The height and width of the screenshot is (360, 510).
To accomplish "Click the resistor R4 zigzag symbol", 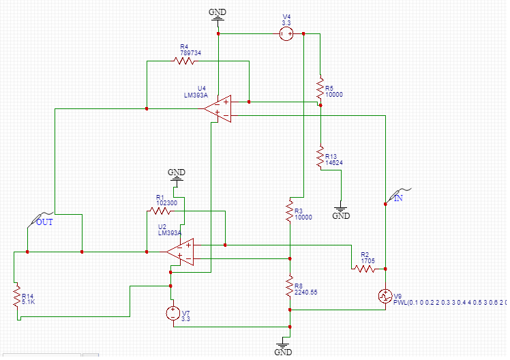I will [185, 61].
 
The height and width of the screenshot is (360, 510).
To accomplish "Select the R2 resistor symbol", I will [364, 269].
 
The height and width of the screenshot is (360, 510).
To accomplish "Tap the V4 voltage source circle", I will [287, 34].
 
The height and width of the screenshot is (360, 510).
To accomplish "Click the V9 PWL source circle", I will [385, 296].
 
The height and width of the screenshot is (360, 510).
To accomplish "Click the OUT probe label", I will [45, 222].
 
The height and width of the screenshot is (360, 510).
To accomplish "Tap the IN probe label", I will [399, 198].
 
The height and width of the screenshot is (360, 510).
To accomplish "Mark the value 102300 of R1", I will [166, 202].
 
